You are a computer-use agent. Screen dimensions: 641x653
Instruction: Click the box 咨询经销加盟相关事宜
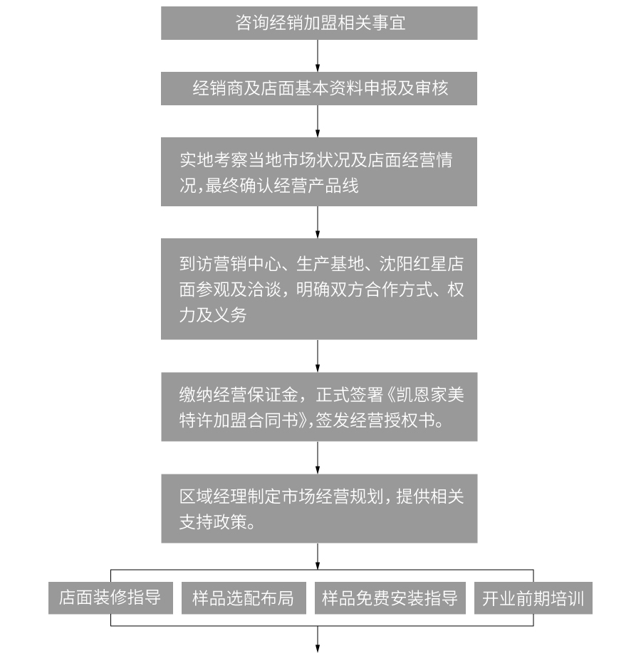(319, 23)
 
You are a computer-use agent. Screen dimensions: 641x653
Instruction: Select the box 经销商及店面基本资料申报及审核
(319, 88)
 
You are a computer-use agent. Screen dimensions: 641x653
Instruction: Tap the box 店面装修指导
(110, 598)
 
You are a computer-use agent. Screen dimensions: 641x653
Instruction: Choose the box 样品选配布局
(244, 598)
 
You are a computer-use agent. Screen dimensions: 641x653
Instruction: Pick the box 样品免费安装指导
(390, 598)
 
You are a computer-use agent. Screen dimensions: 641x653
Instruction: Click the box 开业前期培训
(533, 598)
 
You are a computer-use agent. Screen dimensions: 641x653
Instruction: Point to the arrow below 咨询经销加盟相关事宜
(318, 55)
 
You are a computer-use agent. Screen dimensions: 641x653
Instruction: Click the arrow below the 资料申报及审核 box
(318, 121)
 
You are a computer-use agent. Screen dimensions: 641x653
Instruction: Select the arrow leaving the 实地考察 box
(318, 222)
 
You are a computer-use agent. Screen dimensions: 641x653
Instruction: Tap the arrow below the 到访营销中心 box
(318, 356)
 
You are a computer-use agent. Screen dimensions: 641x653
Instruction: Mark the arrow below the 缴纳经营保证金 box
(318, 457)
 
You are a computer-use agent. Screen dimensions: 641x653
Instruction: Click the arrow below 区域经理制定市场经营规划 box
(318, 556)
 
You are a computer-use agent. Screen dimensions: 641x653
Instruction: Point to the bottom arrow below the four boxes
(318, 639)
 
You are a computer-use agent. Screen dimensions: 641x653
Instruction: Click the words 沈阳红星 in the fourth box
(412, 264)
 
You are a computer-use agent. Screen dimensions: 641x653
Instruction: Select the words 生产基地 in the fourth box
(330, 264)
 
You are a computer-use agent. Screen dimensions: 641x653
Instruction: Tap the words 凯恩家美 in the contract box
(430, 394)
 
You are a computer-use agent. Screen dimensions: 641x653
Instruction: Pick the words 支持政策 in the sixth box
(213, 522)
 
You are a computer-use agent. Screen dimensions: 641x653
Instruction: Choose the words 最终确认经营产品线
(282, 186)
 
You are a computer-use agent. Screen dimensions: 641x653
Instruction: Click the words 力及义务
(213, 315)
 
